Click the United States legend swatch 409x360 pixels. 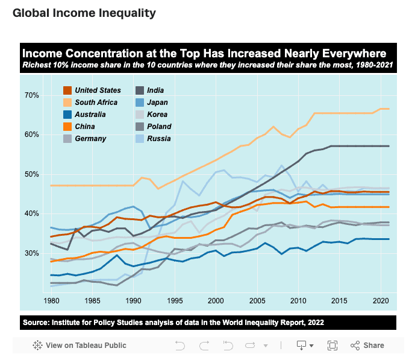point(68,90)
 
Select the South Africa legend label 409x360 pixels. point(96,103)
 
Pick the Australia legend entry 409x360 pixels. point(90,115)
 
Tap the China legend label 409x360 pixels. point(84,127)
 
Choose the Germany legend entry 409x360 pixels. point(90,139)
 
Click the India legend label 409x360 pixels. point(155,90)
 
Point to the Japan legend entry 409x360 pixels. point(157,103)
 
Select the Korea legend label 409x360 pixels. point(157,115)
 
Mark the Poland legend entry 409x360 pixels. point(159,127)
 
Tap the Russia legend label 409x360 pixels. point(158,139)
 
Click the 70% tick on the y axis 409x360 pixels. point(31,95)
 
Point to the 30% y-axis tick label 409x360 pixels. point(31,253)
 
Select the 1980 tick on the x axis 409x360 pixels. point(51,300)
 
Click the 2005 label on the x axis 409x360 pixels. point(257,300)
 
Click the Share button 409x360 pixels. point(367,346)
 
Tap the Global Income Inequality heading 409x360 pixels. point(84,13)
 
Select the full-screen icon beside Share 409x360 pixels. point(332,346)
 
